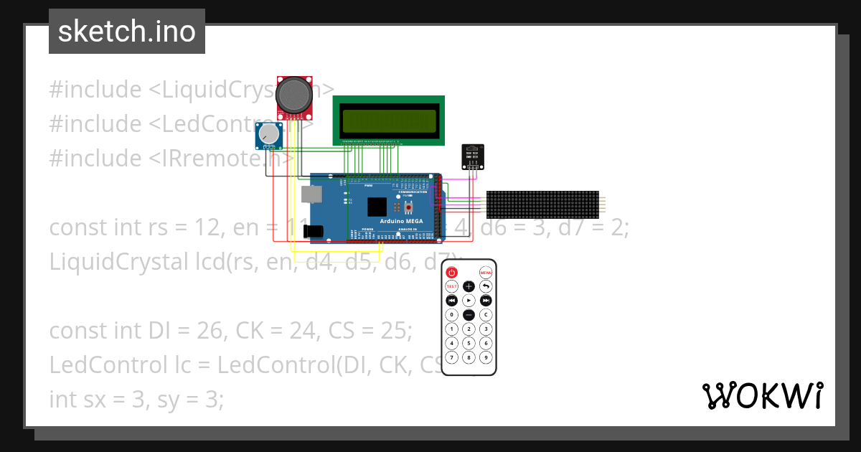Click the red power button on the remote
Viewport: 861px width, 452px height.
point(451,273)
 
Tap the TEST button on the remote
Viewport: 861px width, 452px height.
point(451,286)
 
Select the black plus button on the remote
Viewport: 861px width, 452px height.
point(469,286)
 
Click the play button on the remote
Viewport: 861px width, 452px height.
point(469,301)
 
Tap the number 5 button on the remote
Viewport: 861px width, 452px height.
point(469,343)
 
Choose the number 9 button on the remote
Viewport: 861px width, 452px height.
point(486,357)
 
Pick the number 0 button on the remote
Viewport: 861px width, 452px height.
point(451,315)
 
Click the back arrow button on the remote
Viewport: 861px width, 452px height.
point(486,286)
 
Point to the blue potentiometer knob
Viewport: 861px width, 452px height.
point(268,133)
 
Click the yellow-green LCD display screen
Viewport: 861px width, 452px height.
point(389,121)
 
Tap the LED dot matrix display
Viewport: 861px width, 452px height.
point(542,204)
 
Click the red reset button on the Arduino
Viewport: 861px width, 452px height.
point(408,208)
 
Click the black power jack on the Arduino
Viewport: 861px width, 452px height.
point(314,231)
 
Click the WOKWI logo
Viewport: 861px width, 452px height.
point(762,395)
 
